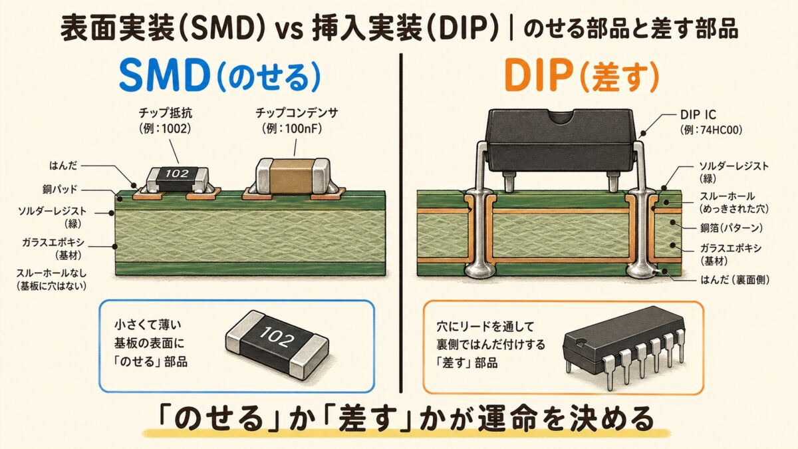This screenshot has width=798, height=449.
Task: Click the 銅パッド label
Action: coord(64,190)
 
